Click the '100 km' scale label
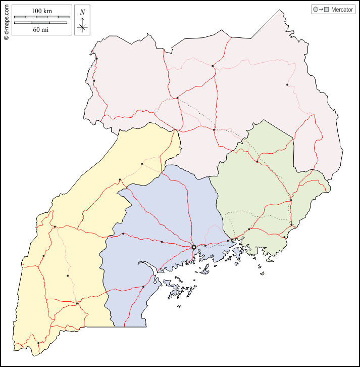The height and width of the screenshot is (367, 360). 41,11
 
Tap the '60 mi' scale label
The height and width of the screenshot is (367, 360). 41,30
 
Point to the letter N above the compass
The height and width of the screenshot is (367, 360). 82,12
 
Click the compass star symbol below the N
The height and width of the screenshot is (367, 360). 82,27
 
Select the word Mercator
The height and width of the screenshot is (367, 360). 342,10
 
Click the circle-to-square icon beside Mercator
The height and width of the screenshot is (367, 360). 321,10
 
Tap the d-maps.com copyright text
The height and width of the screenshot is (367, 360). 6,20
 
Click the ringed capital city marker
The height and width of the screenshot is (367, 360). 194,247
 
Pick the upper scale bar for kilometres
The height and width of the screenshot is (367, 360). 41,17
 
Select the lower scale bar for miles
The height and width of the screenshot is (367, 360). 41,23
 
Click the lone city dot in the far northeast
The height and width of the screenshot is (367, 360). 287,84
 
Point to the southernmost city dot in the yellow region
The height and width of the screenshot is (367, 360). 38,343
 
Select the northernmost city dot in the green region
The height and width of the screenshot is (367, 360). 258,162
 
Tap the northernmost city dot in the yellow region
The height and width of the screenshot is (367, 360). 142,164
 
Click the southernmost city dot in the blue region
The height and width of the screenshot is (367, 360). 143,287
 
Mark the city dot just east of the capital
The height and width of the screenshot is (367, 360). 205,246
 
